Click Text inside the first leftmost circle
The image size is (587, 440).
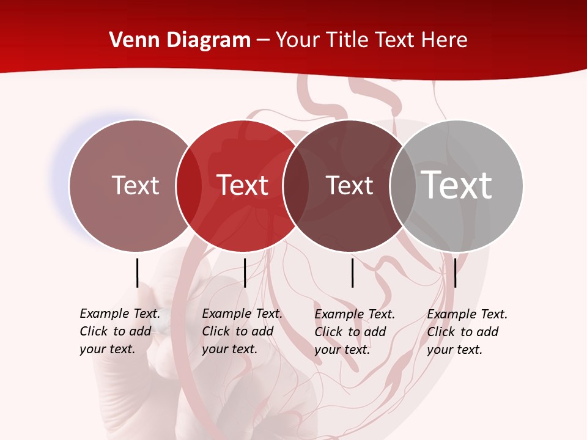pos(135,185)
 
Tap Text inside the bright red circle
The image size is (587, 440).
pos(243,185)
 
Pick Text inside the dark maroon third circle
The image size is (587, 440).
pos(349,185)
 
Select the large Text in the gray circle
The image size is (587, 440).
pos(457,185)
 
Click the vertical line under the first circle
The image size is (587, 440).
pos(137,273)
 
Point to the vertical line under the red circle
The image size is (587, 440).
pos(245,273)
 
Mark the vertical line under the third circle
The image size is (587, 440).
pos(352,273)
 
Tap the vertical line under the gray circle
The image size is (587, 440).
pos(455,273)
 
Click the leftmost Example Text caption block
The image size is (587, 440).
pos(120,331)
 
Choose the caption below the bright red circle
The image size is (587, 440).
pos(242,331)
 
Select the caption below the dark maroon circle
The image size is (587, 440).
pos(355,332)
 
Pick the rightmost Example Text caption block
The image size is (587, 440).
pos(467,332)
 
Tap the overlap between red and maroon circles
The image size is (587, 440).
pos(296,185)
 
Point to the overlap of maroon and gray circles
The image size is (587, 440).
pos(403,185)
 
